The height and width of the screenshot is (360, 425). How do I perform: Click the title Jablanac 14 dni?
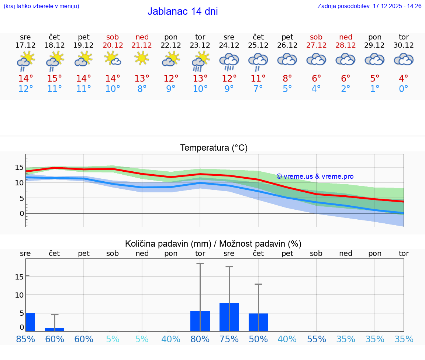pos(183,11)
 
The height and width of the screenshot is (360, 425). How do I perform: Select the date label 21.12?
pos(142,45)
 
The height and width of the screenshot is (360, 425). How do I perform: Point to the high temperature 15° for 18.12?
pos(55,78)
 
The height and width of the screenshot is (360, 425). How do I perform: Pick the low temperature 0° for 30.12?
pos(404,89)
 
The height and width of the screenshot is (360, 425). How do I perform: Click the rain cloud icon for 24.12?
pos(229,61)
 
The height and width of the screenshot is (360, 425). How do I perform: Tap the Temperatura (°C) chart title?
pos(214,148)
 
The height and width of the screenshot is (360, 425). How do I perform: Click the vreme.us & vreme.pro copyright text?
pos(315,176)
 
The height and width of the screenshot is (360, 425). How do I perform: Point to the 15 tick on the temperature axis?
pos(19,167)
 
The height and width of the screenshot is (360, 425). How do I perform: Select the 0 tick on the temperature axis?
pos(22,213)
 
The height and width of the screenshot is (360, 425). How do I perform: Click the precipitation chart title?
pos(213,244)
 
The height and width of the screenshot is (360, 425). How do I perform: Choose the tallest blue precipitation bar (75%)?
pos(229,317)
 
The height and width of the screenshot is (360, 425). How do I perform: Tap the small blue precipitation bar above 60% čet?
pos(55,329)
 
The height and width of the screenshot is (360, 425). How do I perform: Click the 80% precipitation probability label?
pos(200,339)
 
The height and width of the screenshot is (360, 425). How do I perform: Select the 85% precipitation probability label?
pos(25,339)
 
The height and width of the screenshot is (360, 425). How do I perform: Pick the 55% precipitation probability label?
pos(317,339)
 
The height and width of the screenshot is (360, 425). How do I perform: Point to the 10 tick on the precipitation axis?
pos(19,295)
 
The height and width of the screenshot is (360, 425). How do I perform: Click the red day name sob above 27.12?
pos(316,37)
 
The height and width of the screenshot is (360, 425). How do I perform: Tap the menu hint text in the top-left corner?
pos(41,6)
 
